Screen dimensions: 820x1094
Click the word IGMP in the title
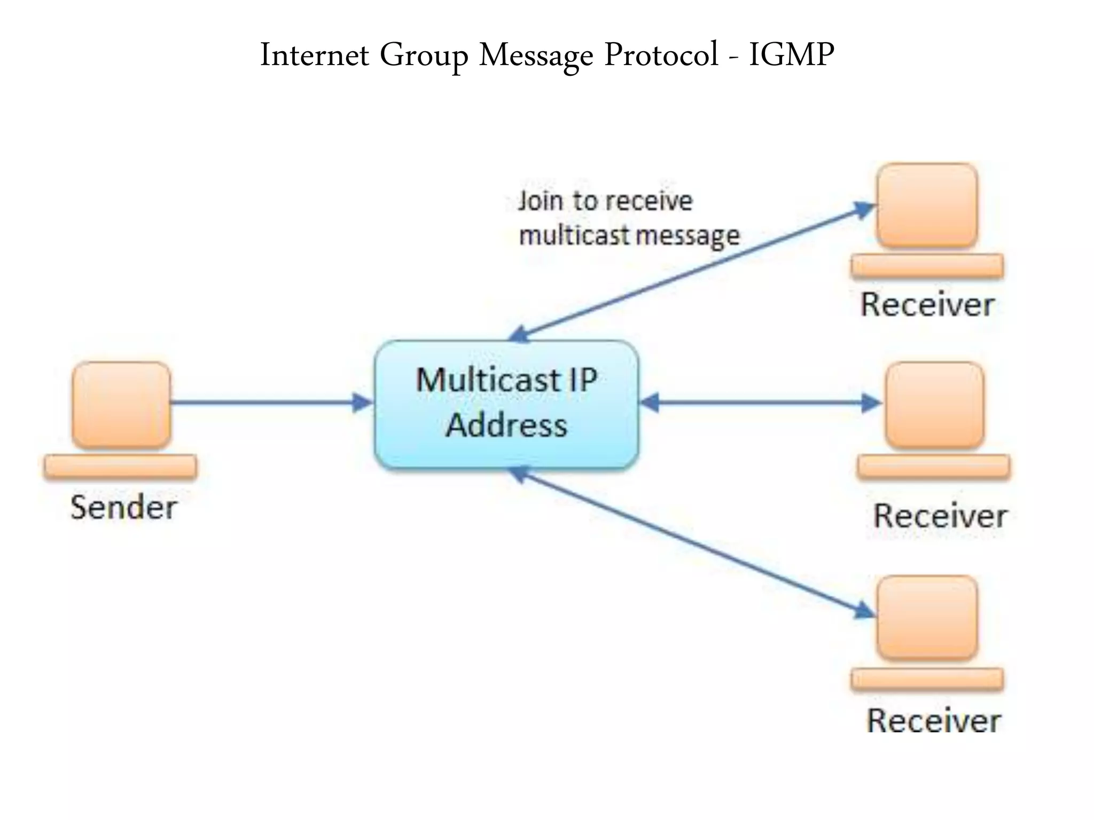(791, 54)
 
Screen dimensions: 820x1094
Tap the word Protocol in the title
(661, 54)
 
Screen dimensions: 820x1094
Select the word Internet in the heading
(314, 54)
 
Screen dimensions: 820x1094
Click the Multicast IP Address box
(506, 404)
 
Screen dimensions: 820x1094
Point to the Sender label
(123, 507)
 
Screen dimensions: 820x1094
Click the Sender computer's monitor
(121, 404)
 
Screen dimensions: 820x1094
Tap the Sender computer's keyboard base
(120, 466)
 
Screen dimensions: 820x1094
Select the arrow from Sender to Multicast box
(267, 402)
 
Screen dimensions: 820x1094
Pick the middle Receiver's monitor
(935, 404)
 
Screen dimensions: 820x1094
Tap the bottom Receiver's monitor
(927, 618)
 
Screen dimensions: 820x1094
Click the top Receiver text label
(927, 305)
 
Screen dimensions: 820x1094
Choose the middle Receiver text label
(940, 516)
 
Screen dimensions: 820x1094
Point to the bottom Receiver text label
(933, 721)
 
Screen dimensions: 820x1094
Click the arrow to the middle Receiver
(759, 402)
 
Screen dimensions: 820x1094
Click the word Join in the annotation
(540, 201)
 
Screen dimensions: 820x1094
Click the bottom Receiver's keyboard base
(927, 679)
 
